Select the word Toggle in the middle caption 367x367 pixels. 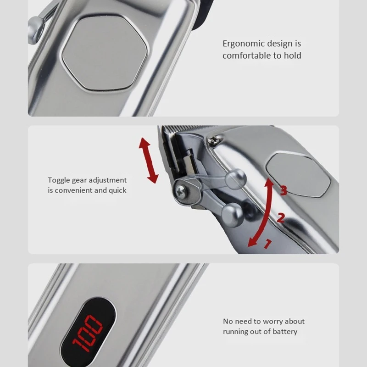pyautogui.click(x=60, y=180)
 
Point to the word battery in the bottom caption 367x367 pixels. pyautogui.click(x=284, y=332)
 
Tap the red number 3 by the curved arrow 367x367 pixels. pyautogui.click(x=284, y=190)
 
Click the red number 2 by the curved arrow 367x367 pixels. pyautogui.click(x=280, y=217)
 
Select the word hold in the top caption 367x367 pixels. pyautogui.click(x=293, y=56)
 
